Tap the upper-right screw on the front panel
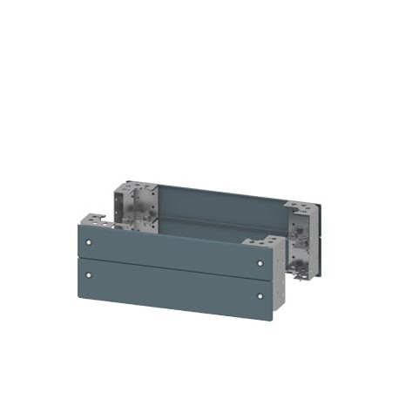(260, 260)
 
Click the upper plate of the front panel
(174, 247)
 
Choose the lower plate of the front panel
(174, 286)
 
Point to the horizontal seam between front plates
(174, 266)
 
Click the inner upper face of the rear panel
(218, 204)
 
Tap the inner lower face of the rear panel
(218, 228)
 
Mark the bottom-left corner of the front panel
(79, 287)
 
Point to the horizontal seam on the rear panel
(218, 217)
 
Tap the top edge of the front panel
(174, 232)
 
